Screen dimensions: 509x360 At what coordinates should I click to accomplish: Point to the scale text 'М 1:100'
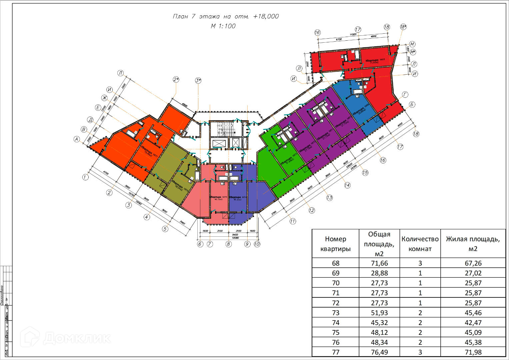[x=223, y=26]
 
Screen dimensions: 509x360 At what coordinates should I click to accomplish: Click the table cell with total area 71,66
[x=379, y=263]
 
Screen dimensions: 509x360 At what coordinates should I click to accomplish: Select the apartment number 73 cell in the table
[x=335, y=313]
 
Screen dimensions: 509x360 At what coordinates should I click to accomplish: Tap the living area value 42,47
[x=473, y=322]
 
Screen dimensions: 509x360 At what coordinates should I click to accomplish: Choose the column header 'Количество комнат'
[x=420, y=244]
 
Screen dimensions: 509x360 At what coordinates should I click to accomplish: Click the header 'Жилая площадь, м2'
[x=473, y=244]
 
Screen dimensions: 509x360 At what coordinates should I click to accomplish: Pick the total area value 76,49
[x=379, y=352]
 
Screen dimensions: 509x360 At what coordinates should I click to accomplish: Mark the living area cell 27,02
[x=473, y=273]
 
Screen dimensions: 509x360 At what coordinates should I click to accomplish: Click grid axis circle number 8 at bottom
[x=228, y=244]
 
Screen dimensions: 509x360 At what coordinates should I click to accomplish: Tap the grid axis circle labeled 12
[x=312, y=210]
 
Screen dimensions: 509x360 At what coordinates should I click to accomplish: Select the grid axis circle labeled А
[x=77, y=139]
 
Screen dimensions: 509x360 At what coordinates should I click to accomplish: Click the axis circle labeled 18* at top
[x=403, y=27]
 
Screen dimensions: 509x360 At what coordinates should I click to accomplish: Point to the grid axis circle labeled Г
[x=405, y=95]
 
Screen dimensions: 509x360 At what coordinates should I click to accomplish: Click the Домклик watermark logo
[x=65, y=338]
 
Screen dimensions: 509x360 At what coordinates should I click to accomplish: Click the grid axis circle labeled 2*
[x=176, y=79]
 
